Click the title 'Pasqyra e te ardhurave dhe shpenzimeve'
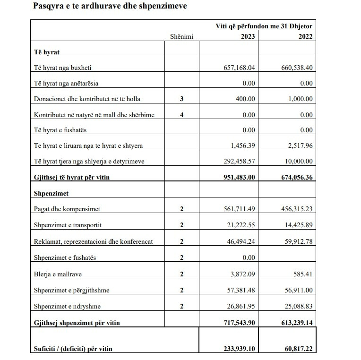(x=110, y=7)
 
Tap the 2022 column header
(x=305, y=36)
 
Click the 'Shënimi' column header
(x=182, y=36)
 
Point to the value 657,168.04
(x=239, y=68)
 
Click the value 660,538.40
(x=297, y=68)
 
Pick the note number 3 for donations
(x=181, y=99)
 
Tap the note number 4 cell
(x=181, y=115)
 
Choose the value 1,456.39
(x=242, y=146)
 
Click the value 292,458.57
(x=239, y=161)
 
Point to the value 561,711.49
(x=239, y=209)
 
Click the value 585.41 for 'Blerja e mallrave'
(x=303, y=274)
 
